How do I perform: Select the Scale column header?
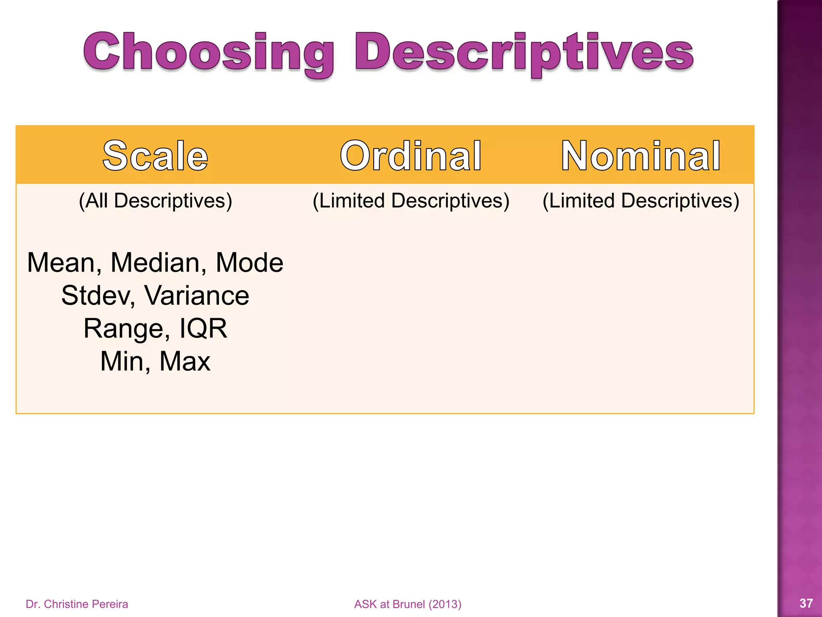click(x=155, y=156)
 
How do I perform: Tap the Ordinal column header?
click(x=411, y=156)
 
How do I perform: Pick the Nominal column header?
click(x=641, y=156)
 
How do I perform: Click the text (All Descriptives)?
click(x=155, y=200)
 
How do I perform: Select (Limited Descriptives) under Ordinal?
click(x=411, y=200)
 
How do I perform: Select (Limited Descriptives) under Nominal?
click(x=641, y=200)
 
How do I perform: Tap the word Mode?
click(x=249, y=263)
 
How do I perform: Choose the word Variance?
click(x=197, y=296)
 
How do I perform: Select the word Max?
click(x=185, y=361)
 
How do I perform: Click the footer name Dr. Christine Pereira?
click(x=77, y=604)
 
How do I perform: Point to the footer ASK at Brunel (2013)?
click(x=408, y=604)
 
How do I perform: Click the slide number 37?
click(x=806, y=603)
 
